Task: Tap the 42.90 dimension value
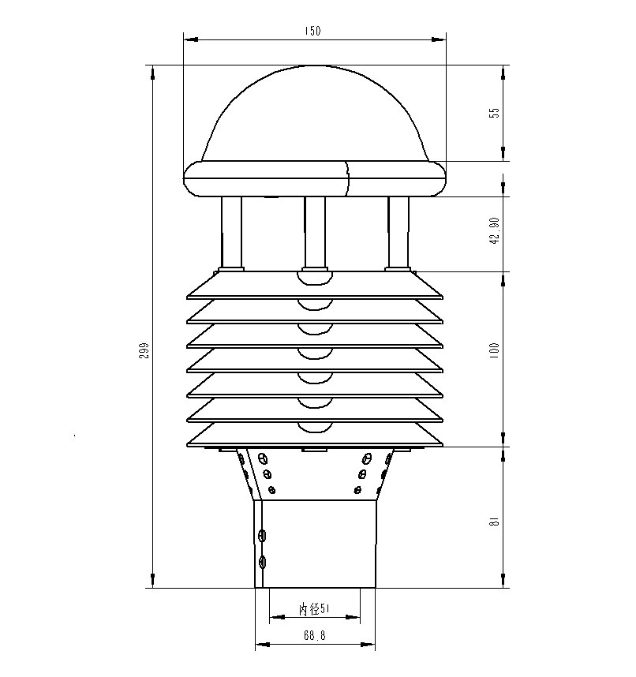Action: tap(495, 230)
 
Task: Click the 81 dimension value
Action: tap(495, 521)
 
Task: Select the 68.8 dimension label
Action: tap(314, 635)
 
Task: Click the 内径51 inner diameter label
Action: tap(314, 609)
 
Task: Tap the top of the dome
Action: tap(315, 66)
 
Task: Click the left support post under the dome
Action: tap(231, 232)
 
